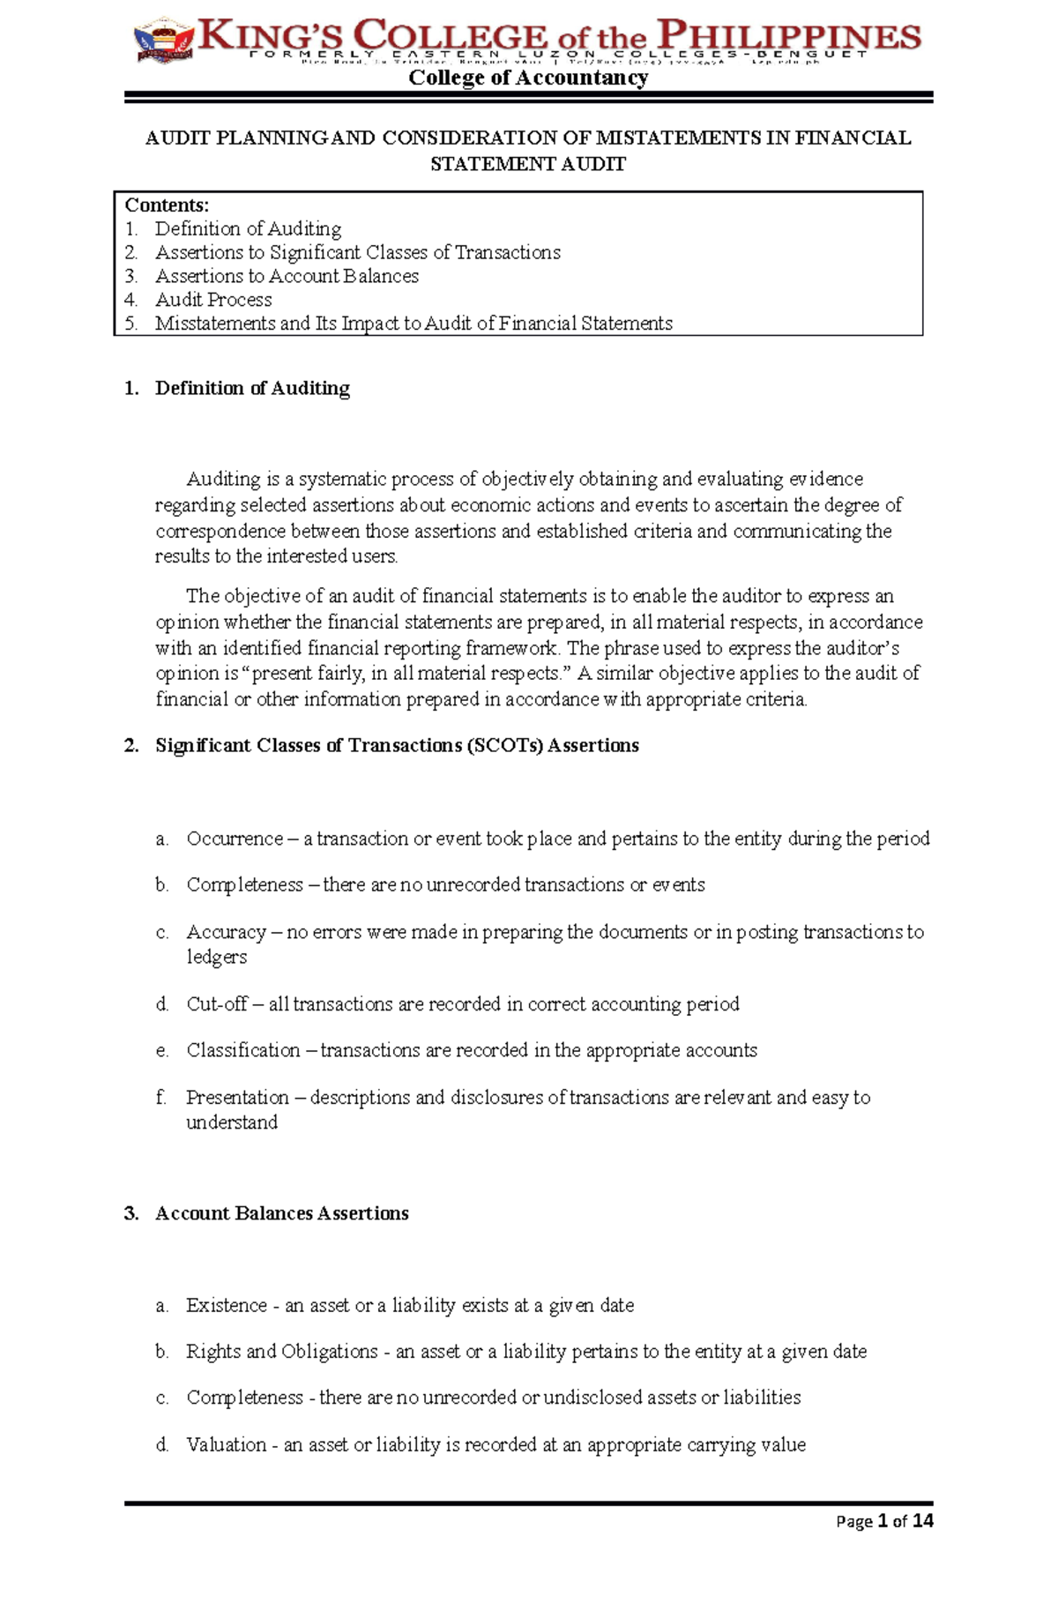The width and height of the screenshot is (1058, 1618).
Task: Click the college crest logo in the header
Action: (163, 41)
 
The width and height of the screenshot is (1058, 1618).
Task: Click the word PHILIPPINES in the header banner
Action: (790, 37)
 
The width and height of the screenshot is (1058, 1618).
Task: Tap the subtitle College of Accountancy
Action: (528, 78)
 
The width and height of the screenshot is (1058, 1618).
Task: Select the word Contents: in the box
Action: (167, 205)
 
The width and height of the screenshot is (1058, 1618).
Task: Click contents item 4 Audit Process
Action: (213, 300)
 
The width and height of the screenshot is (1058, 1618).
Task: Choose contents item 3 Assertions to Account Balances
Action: (287, 276)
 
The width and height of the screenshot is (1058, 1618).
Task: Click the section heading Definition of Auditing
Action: (252, 388)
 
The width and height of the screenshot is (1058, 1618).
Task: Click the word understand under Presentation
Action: (232, 1122)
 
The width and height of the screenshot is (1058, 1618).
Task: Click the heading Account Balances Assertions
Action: (282, 1213)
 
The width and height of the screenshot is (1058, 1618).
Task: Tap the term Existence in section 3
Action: (227, 1305)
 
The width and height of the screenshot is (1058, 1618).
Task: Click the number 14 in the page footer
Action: (922, 1521)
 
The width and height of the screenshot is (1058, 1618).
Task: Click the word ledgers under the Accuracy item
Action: (217, 957)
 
